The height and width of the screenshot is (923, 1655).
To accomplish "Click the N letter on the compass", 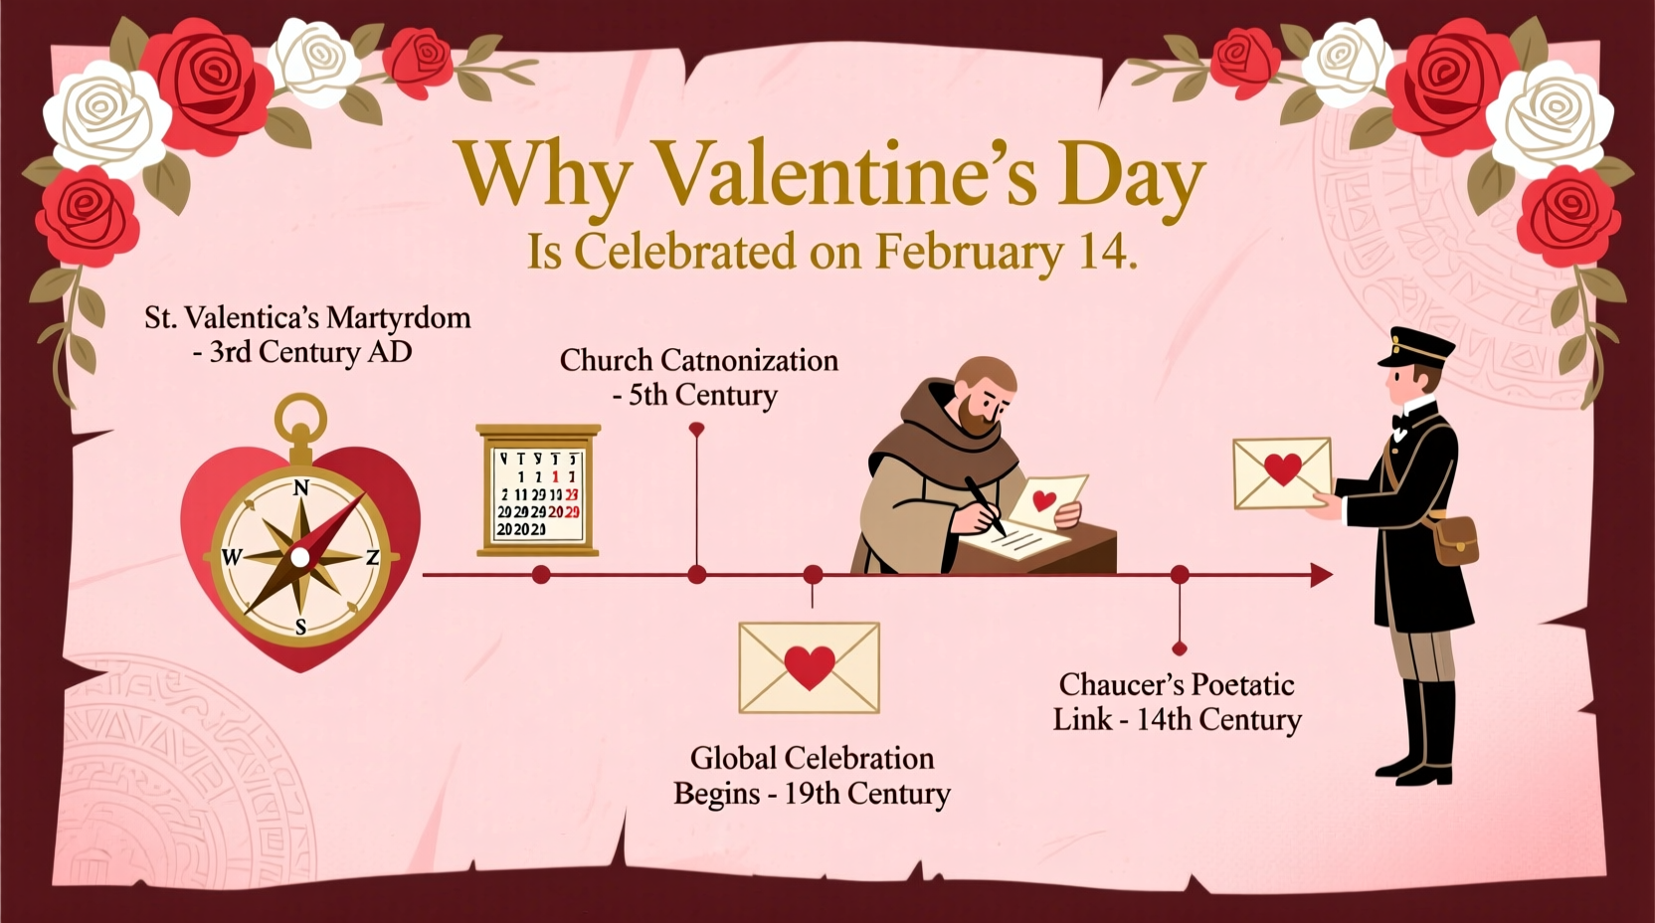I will pos(300,487).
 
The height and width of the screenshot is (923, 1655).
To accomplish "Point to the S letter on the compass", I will pos(300,627).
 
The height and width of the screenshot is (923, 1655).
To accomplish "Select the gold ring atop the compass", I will pos(300,416).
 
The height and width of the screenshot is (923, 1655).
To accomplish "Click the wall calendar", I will pos(538,488).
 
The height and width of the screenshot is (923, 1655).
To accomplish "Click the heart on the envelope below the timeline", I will pos(810,666).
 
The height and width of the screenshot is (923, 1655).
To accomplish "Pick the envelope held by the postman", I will pos(1281,471).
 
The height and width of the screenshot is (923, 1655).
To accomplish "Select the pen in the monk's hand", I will pos(984,505).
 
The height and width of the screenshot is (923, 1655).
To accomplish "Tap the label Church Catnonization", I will pos(698,360).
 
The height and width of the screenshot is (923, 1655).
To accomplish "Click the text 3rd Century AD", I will pos(310,352).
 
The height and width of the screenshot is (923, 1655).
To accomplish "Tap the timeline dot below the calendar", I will pos(541,575).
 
